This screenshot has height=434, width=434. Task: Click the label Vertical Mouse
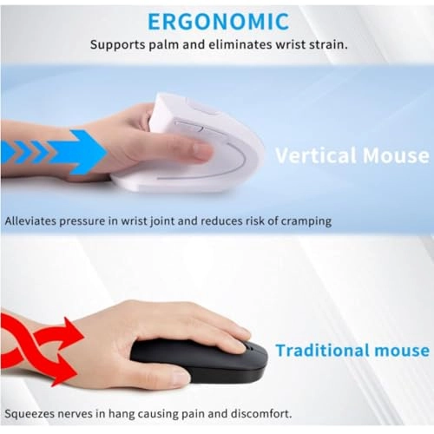pos(352,156)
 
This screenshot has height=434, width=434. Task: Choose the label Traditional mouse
pos(352,351)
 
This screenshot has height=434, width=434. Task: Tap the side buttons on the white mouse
pos(190,128)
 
